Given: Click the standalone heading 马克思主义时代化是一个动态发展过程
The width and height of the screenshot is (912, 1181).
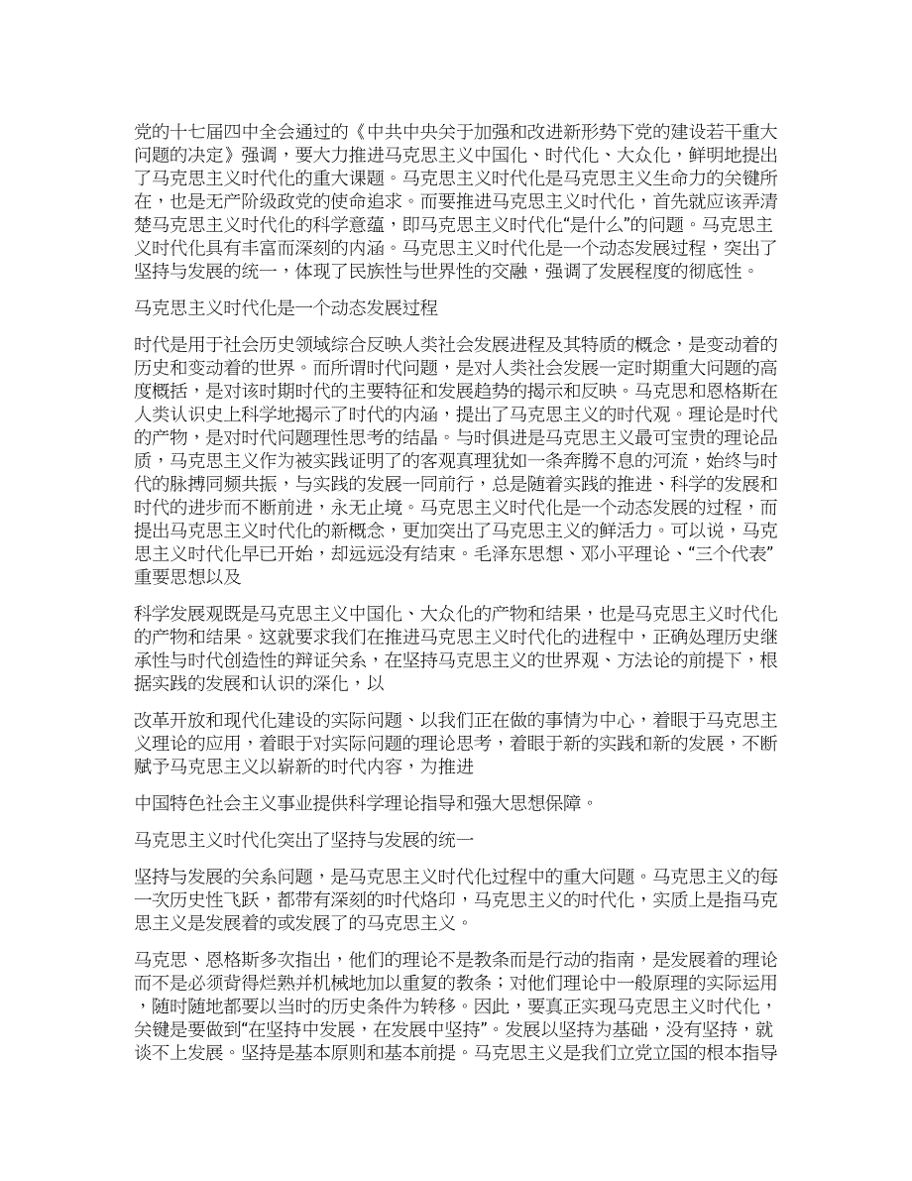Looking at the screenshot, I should point(285,307).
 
